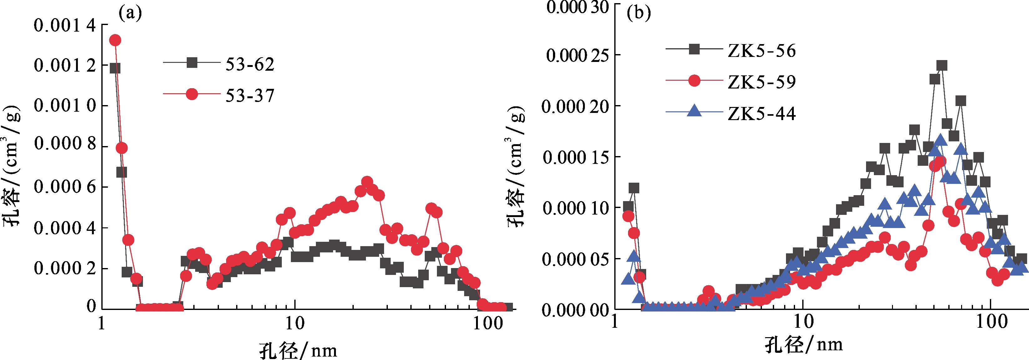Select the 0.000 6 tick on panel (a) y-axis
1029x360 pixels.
[65, 187]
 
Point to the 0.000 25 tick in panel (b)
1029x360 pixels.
[577, 55]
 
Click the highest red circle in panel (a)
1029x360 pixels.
[115, 40]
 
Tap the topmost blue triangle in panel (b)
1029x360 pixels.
[940, 140]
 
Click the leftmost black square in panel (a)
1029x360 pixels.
[115, 68]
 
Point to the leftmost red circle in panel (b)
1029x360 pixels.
[628, 216]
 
